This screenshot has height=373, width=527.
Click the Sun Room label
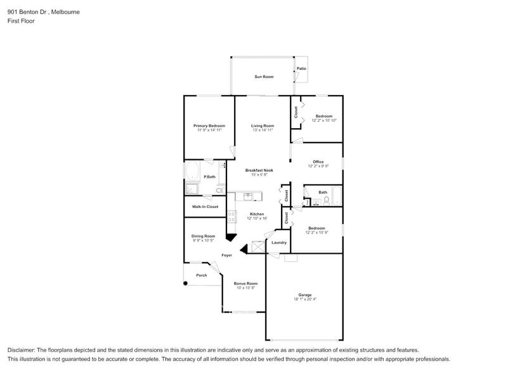[264, 77]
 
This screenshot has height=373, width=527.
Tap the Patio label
[301, 69]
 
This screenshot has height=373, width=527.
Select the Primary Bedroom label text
[209, 126]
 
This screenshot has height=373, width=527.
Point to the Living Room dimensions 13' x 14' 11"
[263, 130]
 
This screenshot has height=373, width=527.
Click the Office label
[318, 162]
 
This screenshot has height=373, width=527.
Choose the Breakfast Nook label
[259, 170]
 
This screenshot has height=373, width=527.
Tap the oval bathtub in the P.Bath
[192, 171]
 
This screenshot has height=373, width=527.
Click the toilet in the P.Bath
[219, 190]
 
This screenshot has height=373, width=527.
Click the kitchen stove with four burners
[231, 216]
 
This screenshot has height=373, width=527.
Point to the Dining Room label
[204, 236]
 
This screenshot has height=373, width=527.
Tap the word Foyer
[226, 255]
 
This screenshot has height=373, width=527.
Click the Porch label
[201, 275]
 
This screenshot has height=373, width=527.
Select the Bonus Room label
[245, 283]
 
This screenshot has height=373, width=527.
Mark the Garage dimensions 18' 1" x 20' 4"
[305, 299]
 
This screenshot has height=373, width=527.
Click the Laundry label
[279, 242]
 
